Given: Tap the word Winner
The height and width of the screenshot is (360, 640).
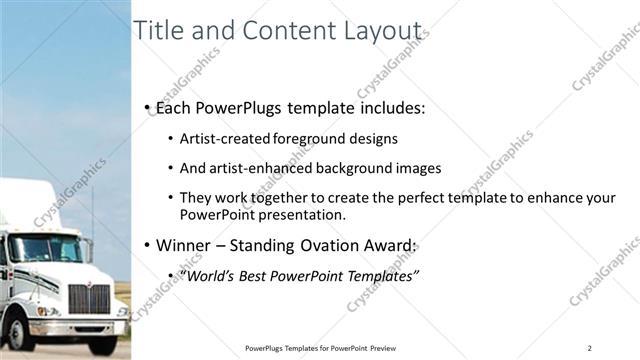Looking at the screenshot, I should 184,245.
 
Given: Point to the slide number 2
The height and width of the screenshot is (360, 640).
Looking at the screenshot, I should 590,348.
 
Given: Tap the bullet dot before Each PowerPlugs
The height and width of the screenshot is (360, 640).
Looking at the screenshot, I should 147,107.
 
